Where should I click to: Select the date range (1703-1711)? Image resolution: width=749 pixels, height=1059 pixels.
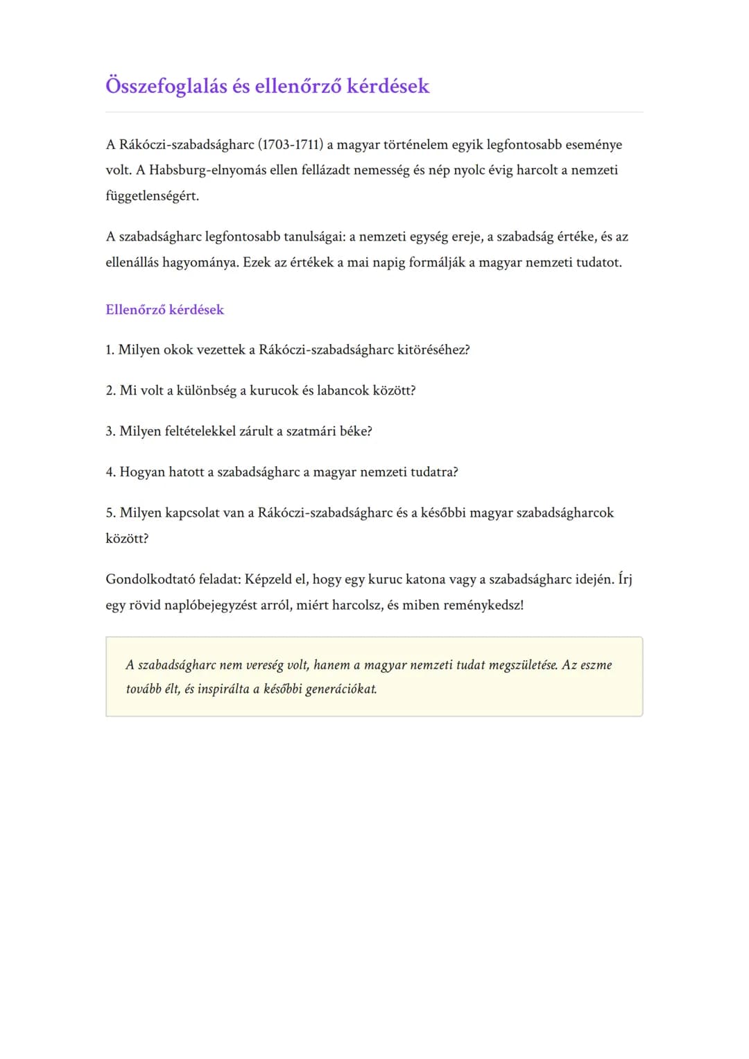point(291,145)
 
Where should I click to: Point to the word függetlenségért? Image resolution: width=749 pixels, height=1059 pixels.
point(152,196)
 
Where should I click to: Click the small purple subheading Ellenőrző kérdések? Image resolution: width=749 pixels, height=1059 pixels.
point(164,310)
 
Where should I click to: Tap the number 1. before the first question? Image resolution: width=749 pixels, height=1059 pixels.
point(110,350)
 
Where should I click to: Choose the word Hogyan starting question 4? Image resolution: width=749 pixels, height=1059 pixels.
point(142,472)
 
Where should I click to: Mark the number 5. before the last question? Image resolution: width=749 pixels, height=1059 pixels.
point(110,513)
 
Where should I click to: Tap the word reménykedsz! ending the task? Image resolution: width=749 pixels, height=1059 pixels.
point(483,605)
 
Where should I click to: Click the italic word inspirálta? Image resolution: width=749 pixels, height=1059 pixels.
point(223,689)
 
